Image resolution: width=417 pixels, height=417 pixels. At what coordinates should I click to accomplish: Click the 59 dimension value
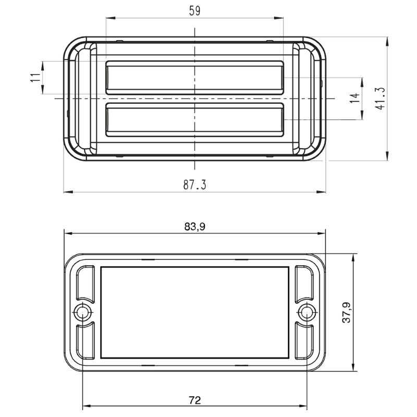click(194, 11)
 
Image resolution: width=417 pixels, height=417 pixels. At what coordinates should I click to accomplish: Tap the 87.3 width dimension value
click(194, 185)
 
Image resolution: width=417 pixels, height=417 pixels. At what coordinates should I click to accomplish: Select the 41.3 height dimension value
click(381, 98)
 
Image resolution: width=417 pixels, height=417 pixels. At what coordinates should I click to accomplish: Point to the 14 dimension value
click(354, 98)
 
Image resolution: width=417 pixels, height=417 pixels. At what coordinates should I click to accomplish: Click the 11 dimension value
click(35, 77)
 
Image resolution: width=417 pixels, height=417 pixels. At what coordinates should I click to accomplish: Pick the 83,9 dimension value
click(194, 227)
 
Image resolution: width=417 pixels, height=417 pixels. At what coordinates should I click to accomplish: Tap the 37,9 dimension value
click(347, 312)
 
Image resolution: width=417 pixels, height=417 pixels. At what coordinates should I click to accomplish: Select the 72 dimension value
click(194, 400)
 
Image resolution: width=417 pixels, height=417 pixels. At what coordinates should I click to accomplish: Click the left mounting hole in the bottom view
click(82, 312)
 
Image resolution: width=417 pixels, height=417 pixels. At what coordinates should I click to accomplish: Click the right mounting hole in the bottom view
click(307, 312)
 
